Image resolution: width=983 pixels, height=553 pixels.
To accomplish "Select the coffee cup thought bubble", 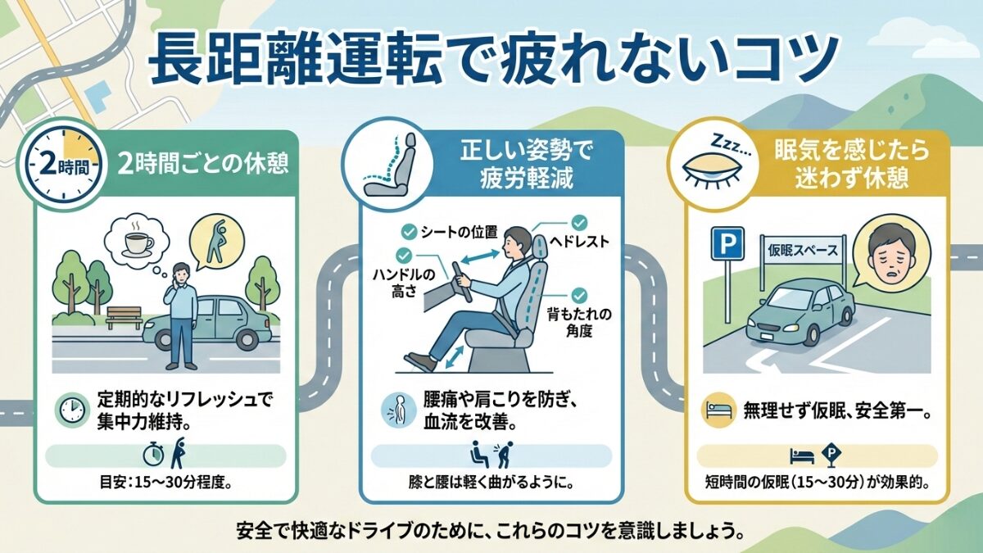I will (x=136, y=239).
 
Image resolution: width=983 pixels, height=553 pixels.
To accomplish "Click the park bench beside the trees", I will (x=123, y=317).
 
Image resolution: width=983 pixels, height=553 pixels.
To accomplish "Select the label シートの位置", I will (x=458, y=232).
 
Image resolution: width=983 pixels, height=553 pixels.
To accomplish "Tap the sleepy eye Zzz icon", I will (x=710, y=164).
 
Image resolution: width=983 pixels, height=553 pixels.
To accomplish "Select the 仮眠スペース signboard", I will (x=799, y=247).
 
